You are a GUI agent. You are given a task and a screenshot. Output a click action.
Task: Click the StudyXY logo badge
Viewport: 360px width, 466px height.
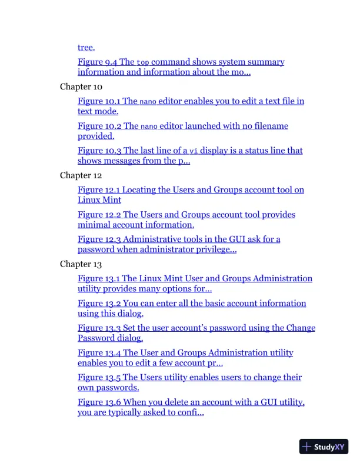click(324, 447)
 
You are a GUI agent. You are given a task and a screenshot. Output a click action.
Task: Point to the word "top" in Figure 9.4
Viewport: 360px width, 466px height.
click(143, 62)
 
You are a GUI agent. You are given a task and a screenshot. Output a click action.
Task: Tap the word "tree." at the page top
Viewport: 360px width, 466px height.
click(86, 47)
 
